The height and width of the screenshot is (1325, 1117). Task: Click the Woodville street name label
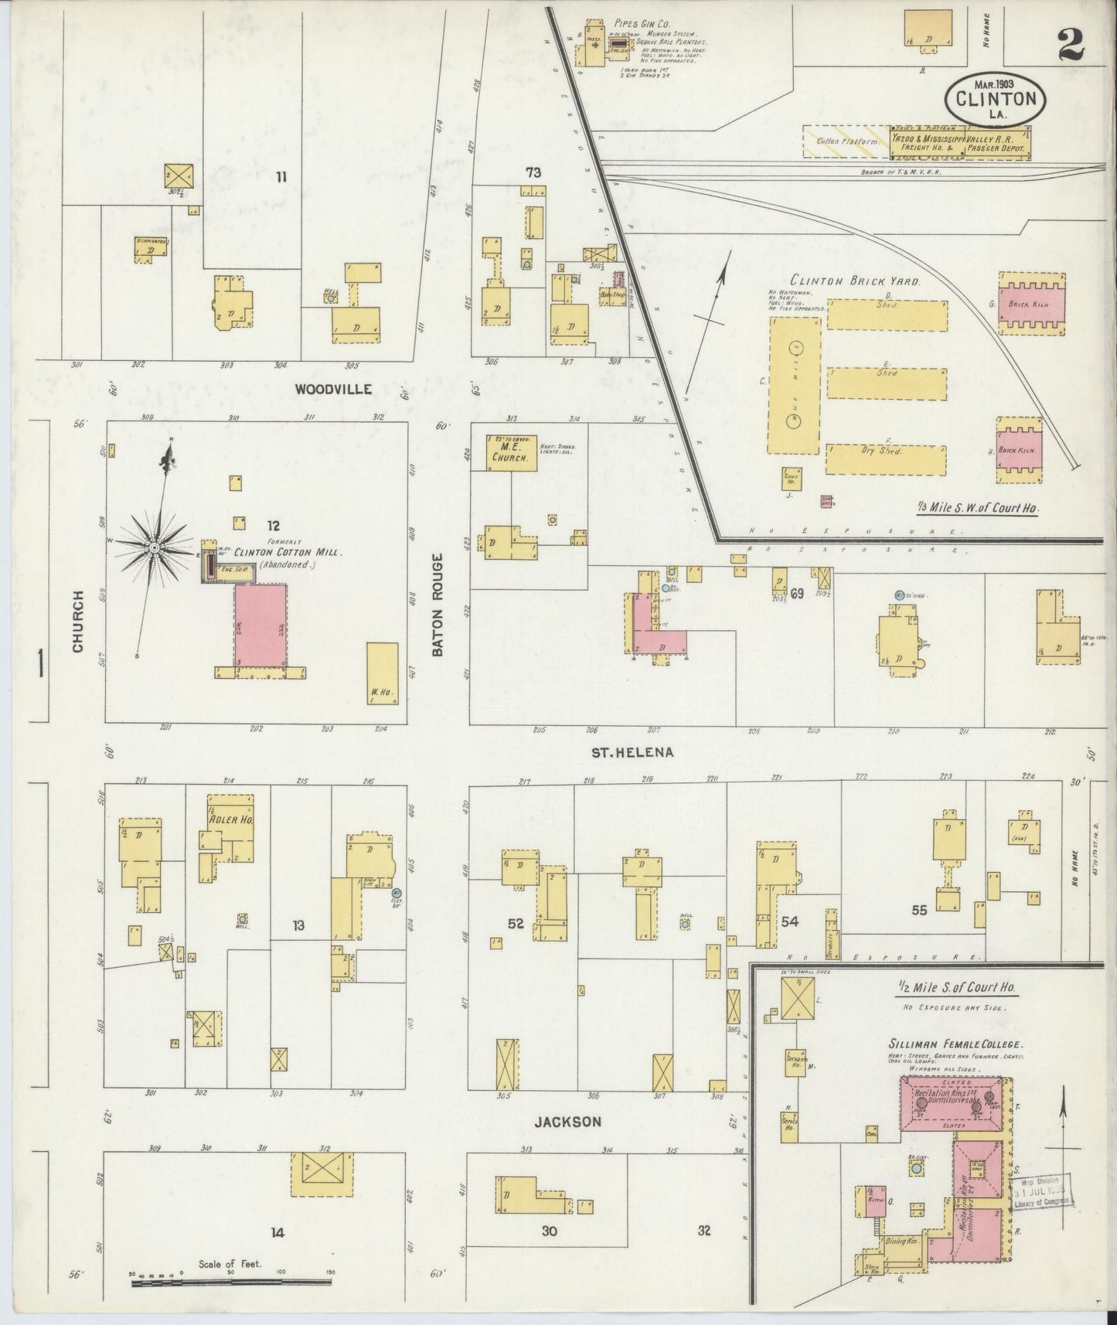(333, 390)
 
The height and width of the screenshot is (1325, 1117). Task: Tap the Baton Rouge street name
(438, 605)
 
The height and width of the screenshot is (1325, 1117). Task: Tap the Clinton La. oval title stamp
(996, 98)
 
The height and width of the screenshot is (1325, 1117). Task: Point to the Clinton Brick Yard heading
(855, 282)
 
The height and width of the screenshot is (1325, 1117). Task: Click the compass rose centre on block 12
(155, 547)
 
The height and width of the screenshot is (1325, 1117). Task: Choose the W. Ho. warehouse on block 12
(382, 673)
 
